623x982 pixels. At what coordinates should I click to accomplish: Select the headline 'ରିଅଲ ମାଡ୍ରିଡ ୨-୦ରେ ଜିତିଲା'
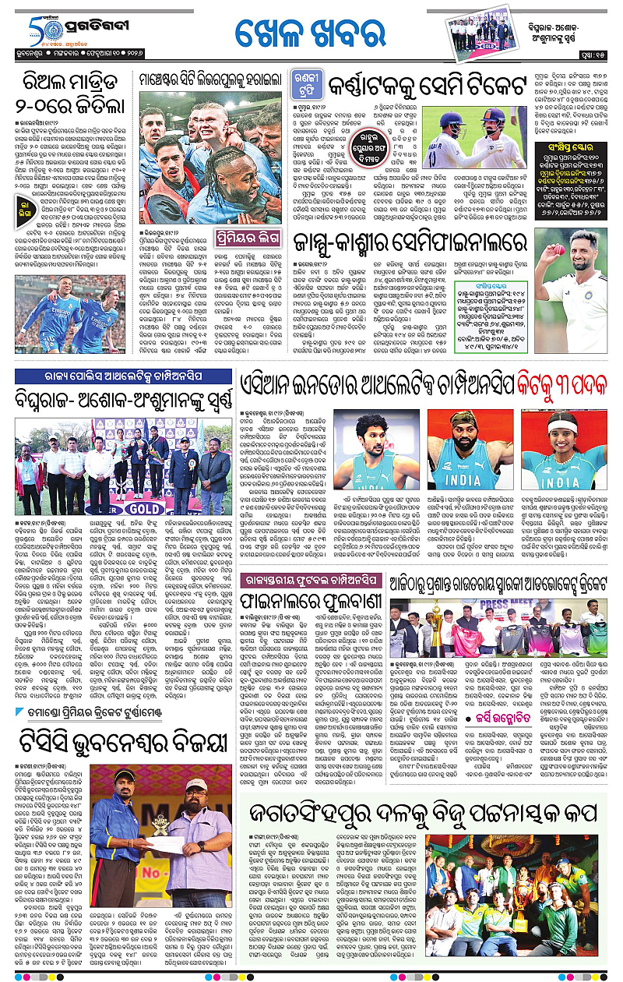tap(69, 93)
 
